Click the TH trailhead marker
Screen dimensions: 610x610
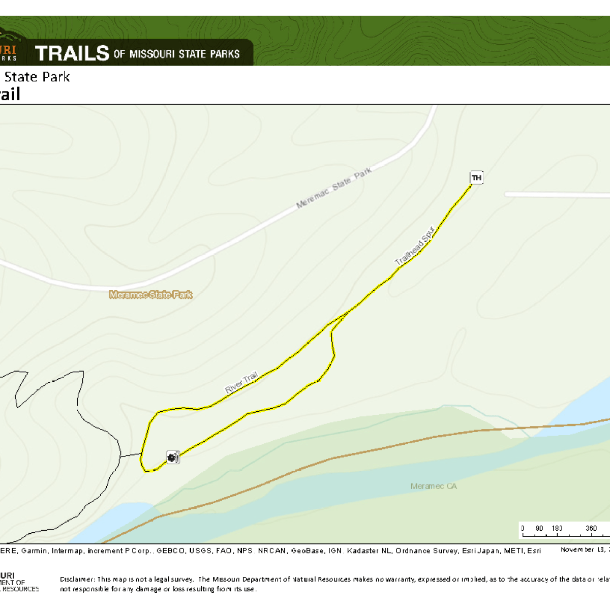(x=476, y=177)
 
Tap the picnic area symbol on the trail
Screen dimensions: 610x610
(x=173, y=457)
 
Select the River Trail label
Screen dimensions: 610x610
(x=242, y=382)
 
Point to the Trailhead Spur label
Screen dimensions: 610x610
(x=415, y=246)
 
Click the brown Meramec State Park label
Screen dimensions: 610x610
(x=151, y=294)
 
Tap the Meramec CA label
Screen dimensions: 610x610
(x=434, y=486)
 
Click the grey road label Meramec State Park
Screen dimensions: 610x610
(x=334, y=188)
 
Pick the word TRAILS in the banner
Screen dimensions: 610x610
(x=72, y=53)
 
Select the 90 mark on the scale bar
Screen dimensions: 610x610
(x=539, y=529)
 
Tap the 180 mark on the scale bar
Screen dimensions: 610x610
(x=557, y=529)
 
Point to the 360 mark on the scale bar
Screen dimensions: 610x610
(x=591, y=529)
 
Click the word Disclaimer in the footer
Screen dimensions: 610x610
(x=77, y=579)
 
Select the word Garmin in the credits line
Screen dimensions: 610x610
(x=35, y=551)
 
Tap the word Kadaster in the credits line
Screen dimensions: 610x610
(x=362, y=551)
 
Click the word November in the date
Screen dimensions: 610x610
(x=577, y=550)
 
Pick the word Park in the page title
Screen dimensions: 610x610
(x=56, y=77)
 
